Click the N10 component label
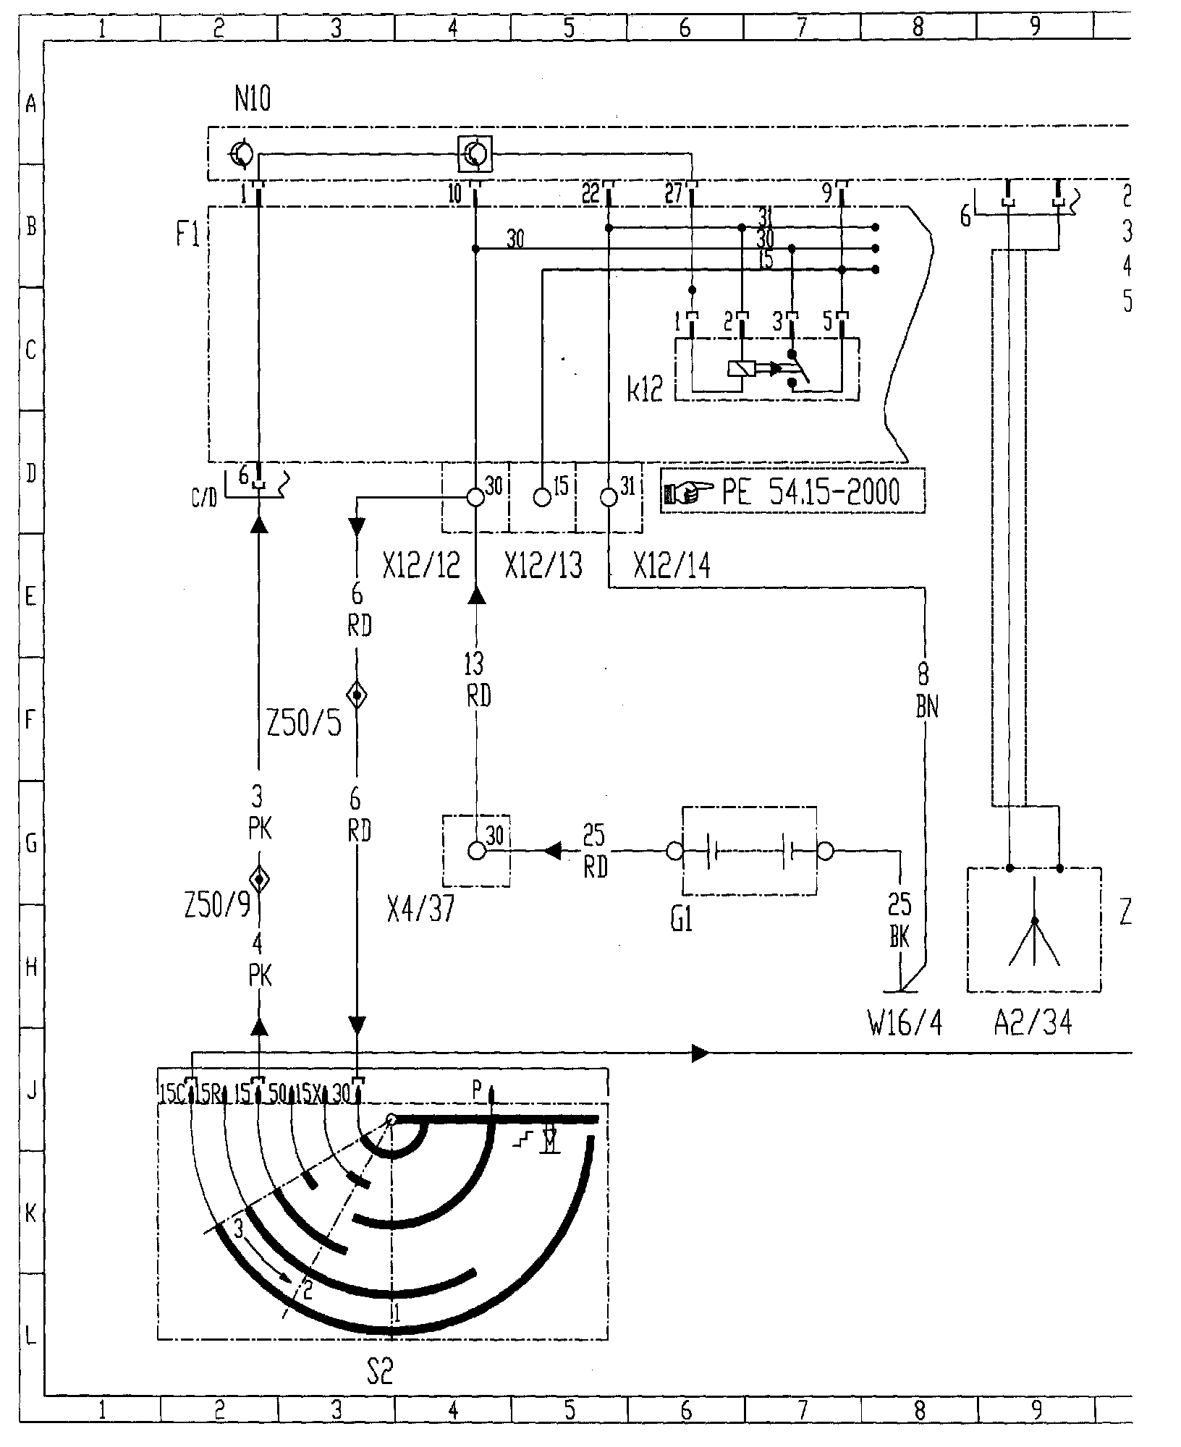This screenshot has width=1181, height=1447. [253, 99]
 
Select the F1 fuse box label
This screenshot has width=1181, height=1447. [187, 235]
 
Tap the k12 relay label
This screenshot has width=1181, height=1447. [645, 391]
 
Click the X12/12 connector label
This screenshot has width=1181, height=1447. [422, 566]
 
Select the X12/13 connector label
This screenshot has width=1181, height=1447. [543, 566]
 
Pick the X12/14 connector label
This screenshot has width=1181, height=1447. [672, 566]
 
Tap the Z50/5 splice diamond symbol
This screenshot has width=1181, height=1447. [357, 696]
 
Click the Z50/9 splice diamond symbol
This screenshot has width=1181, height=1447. [259, 880]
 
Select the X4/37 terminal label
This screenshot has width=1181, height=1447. [421, 909]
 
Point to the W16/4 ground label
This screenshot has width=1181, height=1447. [905, 1022]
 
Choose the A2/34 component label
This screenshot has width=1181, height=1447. [1033, 1022]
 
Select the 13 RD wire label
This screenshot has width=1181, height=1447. [475, 680]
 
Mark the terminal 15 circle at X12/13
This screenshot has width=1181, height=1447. [542, 497]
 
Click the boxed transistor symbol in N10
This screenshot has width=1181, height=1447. [475, 154]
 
